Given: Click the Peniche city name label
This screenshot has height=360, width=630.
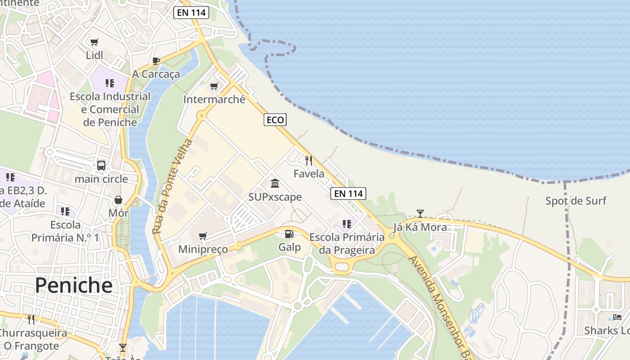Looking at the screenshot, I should click(x=73, y=285).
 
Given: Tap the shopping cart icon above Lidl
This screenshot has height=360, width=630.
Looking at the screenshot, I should click(x=94, y=42).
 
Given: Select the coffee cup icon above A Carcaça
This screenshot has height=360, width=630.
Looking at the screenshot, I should click(x=156, y=61).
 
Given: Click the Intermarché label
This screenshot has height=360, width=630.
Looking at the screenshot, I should click(x=214, y=99).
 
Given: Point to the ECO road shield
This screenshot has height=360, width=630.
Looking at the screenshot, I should click(x=275, y=120).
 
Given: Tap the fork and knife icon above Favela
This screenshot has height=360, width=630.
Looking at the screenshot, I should click(x=309, y=161).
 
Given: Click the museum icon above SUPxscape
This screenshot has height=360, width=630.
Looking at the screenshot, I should click(x=275, y=183).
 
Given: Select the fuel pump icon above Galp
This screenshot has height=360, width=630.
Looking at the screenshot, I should click(x=289, y=234).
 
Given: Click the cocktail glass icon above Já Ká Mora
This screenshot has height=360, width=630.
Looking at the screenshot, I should click(x=420, y=213).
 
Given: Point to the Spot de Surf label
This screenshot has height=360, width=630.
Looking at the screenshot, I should click(x=576, y=201).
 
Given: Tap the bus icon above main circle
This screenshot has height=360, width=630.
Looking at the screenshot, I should click(x=101, y=166).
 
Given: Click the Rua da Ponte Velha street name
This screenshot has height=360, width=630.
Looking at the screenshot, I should click(x=172, y=187).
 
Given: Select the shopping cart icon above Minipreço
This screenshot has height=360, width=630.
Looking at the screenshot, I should click(x=203, y=236).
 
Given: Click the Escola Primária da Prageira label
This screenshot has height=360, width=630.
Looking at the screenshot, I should click(x=347, y=243).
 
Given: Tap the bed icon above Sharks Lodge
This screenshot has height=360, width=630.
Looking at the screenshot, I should click(x=617, y=317).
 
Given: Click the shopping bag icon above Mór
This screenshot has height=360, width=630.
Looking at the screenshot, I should click(x=118, y=200).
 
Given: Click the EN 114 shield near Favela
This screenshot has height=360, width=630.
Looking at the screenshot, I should click(x=348, y=193).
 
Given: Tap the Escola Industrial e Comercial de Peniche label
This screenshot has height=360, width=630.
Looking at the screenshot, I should click(x=110, y=109).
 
